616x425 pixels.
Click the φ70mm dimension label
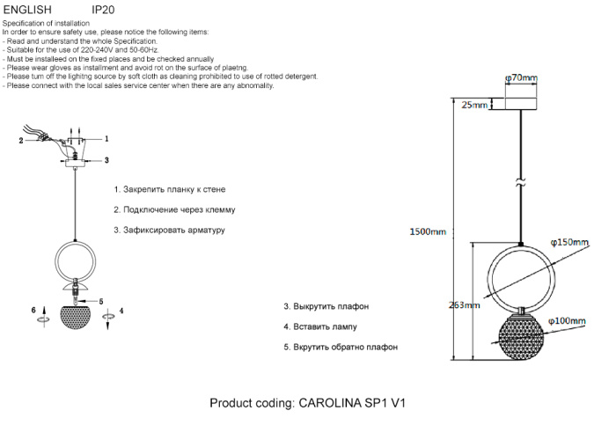point(521,78)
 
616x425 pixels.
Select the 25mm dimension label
point(473,106)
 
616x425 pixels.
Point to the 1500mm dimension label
point(429,232)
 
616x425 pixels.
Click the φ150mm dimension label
point(568,241)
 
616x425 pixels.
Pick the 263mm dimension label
point(464,305)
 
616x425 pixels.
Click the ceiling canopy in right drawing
point(521,104)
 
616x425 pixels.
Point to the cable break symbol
point(521,184)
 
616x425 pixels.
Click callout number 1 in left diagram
point(106,139)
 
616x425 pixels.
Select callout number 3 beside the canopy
point(106,160)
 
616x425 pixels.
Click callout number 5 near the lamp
point(101,301)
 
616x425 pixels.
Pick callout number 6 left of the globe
point(33,311)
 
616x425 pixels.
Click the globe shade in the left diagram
point(77,316)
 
